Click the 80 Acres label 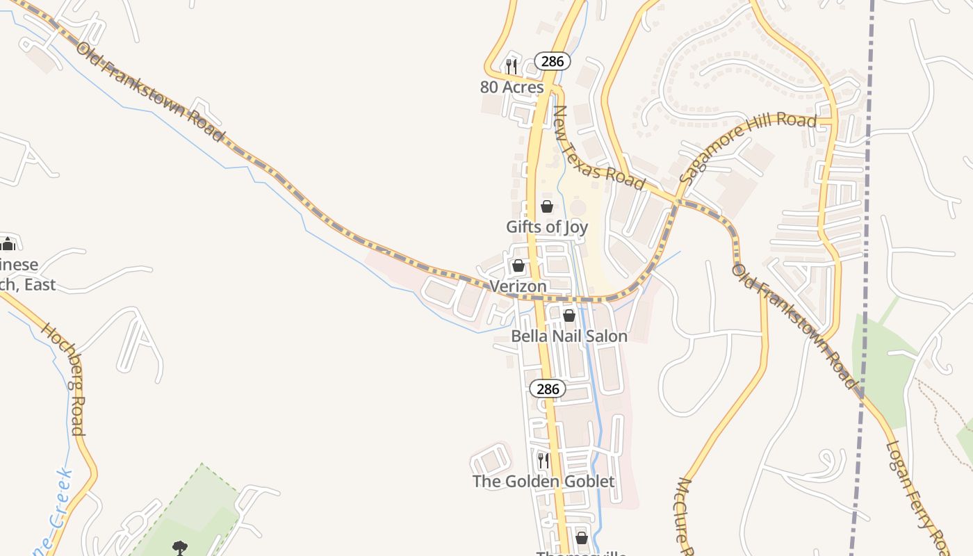click(512, 87)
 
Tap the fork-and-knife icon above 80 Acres click(511, 66)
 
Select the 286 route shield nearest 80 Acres click(553, 61)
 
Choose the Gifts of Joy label click(546, 227)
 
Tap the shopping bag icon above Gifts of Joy click(547, 206)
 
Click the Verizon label click(518, 286)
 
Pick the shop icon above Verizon click(518, 265)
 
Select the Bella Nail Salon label click(569, 336)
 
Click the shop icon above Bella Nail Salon click(569, 316)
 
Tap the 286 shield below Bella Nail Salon click(548, 389)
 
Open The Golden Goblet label click(543, 481)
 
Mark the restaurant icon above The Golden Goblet click(543, 460)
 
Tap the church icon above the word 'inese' click(8, 244)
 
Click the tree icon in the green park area click(180, 548)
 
